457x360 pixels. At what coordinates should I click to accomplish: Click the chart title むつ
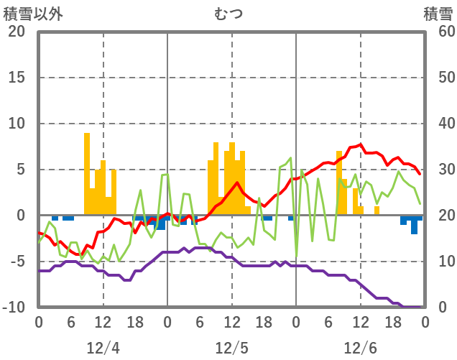[228, 14]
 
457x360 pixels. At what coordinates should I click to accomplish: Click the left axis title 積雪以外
[33, 14]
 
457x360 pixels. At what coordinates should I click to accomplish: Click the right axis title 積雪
[438, 14]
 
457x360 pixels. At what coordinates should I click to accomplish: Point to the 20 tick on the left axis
[16, 32]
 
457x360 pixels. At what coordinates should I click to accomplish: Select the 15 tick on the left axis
[16, 78]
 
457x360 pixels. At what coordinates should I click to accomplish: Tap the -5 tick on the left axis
[16, 262]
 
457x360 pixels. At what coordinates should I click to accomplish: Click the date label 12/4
[103, 348]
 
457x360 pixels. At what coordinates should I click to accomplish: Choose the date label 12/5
[231, 348]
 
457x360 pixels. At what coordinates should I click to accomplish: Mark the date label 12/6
[360, 348]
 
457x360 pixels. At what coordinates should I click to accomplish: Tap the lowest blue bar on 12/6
[414, 224]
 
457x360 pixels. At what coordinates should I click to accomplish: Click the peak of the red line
[361, 144]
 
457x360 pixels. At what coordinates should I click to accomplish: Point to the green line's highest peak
[291, 158]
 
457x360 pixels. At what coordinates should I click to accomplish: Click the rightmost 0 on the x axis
[425, 321]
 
